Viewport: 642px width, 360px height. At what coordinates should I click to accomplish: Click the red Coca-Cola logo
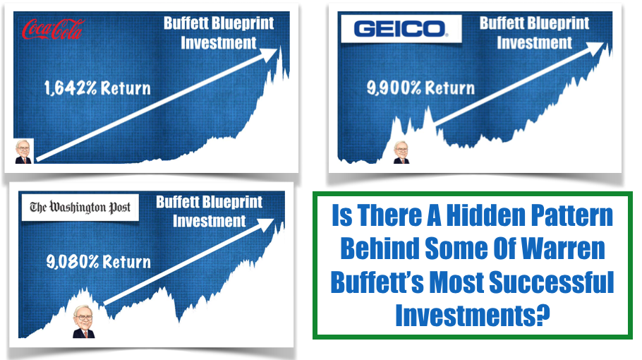pyautogui.click(x=53, y=29)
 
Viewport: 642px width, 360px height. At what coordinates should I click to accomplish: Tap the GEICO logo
pyautogui.click(x=401, y=29)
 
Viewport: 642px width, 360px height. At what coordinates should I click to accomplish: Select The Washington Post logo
pyautogui.click(x=80, y=208)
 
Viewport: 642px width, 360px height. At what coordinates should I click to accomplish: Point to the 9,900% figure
pyautogui.click(x=394, y=88)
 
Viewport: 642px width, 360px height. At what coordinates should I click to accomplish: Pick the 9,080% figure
pyautogui.click(x=73, y=262)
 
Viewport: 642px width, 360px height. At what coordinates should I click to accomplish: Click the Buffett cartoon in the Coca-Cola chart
pyautogui.click(x=23, y=152)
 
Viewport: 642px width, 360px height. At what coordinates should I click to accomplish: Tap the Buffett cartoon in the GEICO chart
pyautogui.click(x=401, y=152)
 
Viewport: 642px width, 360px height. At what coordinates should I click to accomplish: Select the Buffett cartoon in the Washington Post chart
pyautogui.click(x=84, y=321)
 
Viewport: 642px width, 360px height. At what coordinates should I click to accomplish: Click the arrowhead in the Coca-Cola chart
pyautogui.click(x=269, y=54)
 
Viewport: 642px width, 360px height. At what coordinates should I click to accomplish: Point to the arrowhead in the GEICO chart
pyautogui.click(x=594, y=48)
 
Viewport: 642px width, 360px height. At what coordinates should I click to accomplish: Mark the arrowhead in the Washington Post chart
pyautogui.click(x=265, y=224)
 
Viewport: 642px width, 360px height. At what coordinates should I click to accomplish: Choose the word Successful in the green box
pyautogui.click(x=552, y=282)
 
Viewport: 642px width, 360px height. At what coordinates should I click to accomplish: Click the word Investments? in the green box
pyautogui.click(x=472, y=315)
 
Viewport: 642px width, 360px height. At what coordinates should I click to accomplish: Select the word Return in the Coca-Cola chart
pyautogui.click(x=126, y=88)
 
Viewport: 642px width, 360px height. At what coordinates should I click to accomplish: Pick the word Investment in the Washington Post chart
pyautogui.click(x=210, y=221)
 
